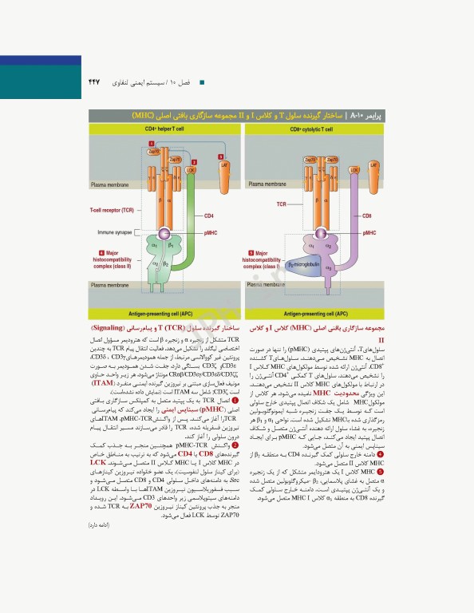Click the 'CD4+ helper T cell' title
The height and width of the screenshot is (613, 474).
coord(164,128)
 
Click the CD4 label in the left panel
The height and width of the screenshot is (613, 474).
coord(209,216)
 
